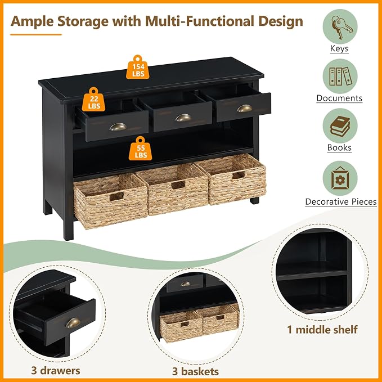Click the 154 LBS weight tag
pyautogui.click(x=138, y=68)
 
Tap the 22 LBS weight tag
pyautogui.click(x=93, y=100)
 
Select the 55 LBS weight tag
pyautogui.click(x=140, y=149)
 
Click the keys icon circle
pyautogui.click(x=340, y=26)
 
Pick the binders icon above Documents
pyautogui.click(x=340, y=76)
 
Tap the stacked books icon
pyautogui.click(x=340, y=125)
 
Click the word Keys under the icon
pyautogui.click(x=339, y=48)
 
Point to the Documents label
pyautogui.click(x=339, y=98)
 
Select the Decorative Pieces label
pyautogui.click(x=341, y=202)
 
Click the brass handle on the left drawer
pyautogui.click(x=118, y=127)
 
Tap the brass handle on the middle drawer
pyautogui.click(x=183, y=118)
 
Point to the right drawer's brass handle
pyautogui.click(x=244, y=109)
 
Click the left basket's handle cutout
pyautogui.click(x=116, y=196)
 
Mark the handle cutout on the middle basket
pyautogui.click(x=178, y=185)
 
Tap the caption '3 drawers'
pyautogui.click(x=56, y=371)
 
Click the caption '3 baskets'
pyautogui.click(x=195, y=371)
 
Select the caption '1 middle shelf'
pyautogui.click(x=322, y=330)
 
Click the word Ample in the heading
pyautogui.click(x=32, y=21)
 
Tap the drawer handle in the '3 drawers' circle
pyautogui.click(x=73, y=323)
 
